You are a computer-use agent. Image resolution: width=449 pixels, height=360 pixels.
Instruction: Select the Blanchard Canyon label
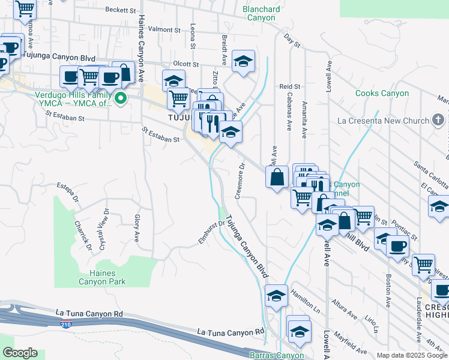click(x=261, y=13)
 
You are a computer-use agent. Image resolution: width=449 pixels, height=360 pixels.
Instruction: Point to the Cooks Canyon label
click(x=382, y=93)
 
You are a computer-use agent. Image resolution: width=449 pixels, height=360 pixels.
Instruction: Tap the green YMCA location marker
click(x=121, y=98)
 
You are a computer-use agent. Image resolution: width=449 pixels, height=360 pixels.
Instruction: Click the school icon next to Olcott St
click(x=243, y=62)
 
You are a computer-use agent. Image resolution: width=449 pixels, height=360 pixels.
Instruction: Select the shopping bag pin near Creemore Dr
click(x=277, y=178)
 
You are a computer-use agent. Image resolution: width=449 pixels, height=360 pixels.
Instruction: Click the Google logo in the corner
click(x=19, y=353)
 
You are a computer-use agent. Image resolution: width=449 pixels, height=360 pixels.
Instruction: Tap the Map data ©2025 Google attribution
click(x=412, y=355)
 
